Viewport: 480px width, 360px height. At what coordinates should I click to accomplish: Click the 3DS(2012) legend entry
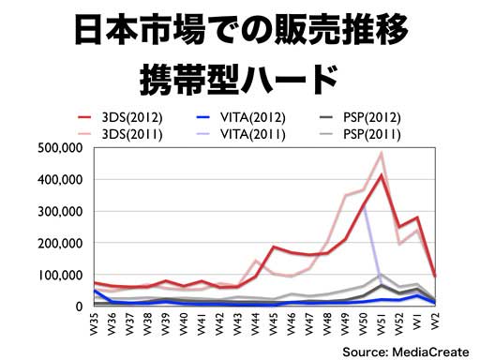pos(120,117)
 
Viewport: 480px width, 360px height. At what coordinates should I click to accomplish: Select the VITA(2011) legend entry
pos(241,134)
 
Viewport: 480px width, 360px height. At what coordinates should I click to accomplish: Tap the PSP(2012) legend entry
pos(360,117)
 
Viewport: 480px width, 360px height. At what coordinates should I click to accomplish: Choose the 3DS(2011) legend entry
pos(120,134)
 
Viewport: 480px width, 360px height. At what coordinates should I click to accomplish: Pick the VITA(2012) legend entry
pos(241,117)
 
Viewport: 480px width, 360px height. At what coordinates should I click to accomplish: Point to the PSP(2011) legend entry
pos(360,134)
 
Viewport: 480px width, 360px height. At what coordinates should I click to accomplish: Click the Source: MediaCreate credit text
pos(406,352)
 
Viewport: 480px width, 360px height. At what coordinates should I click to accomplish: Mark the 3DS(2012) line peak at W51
pos(382,174)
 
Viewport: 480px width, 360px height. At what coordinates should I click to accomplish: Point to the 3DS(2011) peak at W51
pos(382,153)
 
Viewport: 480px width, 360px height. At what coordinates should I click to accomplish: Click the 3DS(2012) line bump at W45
pos(274,247)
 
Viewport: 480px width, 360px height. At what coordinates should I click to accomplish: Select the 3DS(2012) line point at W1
pos(417,217)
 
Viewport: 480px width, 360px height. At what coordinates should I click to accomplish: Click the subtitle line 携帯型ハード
pos(239,79)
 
